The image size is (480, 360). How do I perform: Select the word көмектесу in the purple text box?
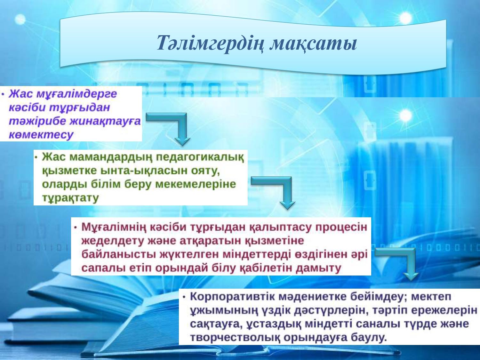coord(41,135)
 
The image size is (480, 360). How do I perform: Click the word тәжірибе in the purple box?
coord(37,121)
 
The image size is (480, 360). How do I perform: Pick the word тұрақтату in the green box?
coord(70,198)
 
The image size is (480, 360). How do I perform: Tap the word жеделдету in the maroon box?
coord(113,241)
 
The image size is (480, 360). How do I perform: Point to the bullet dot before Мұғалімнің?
coord(76,228)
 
